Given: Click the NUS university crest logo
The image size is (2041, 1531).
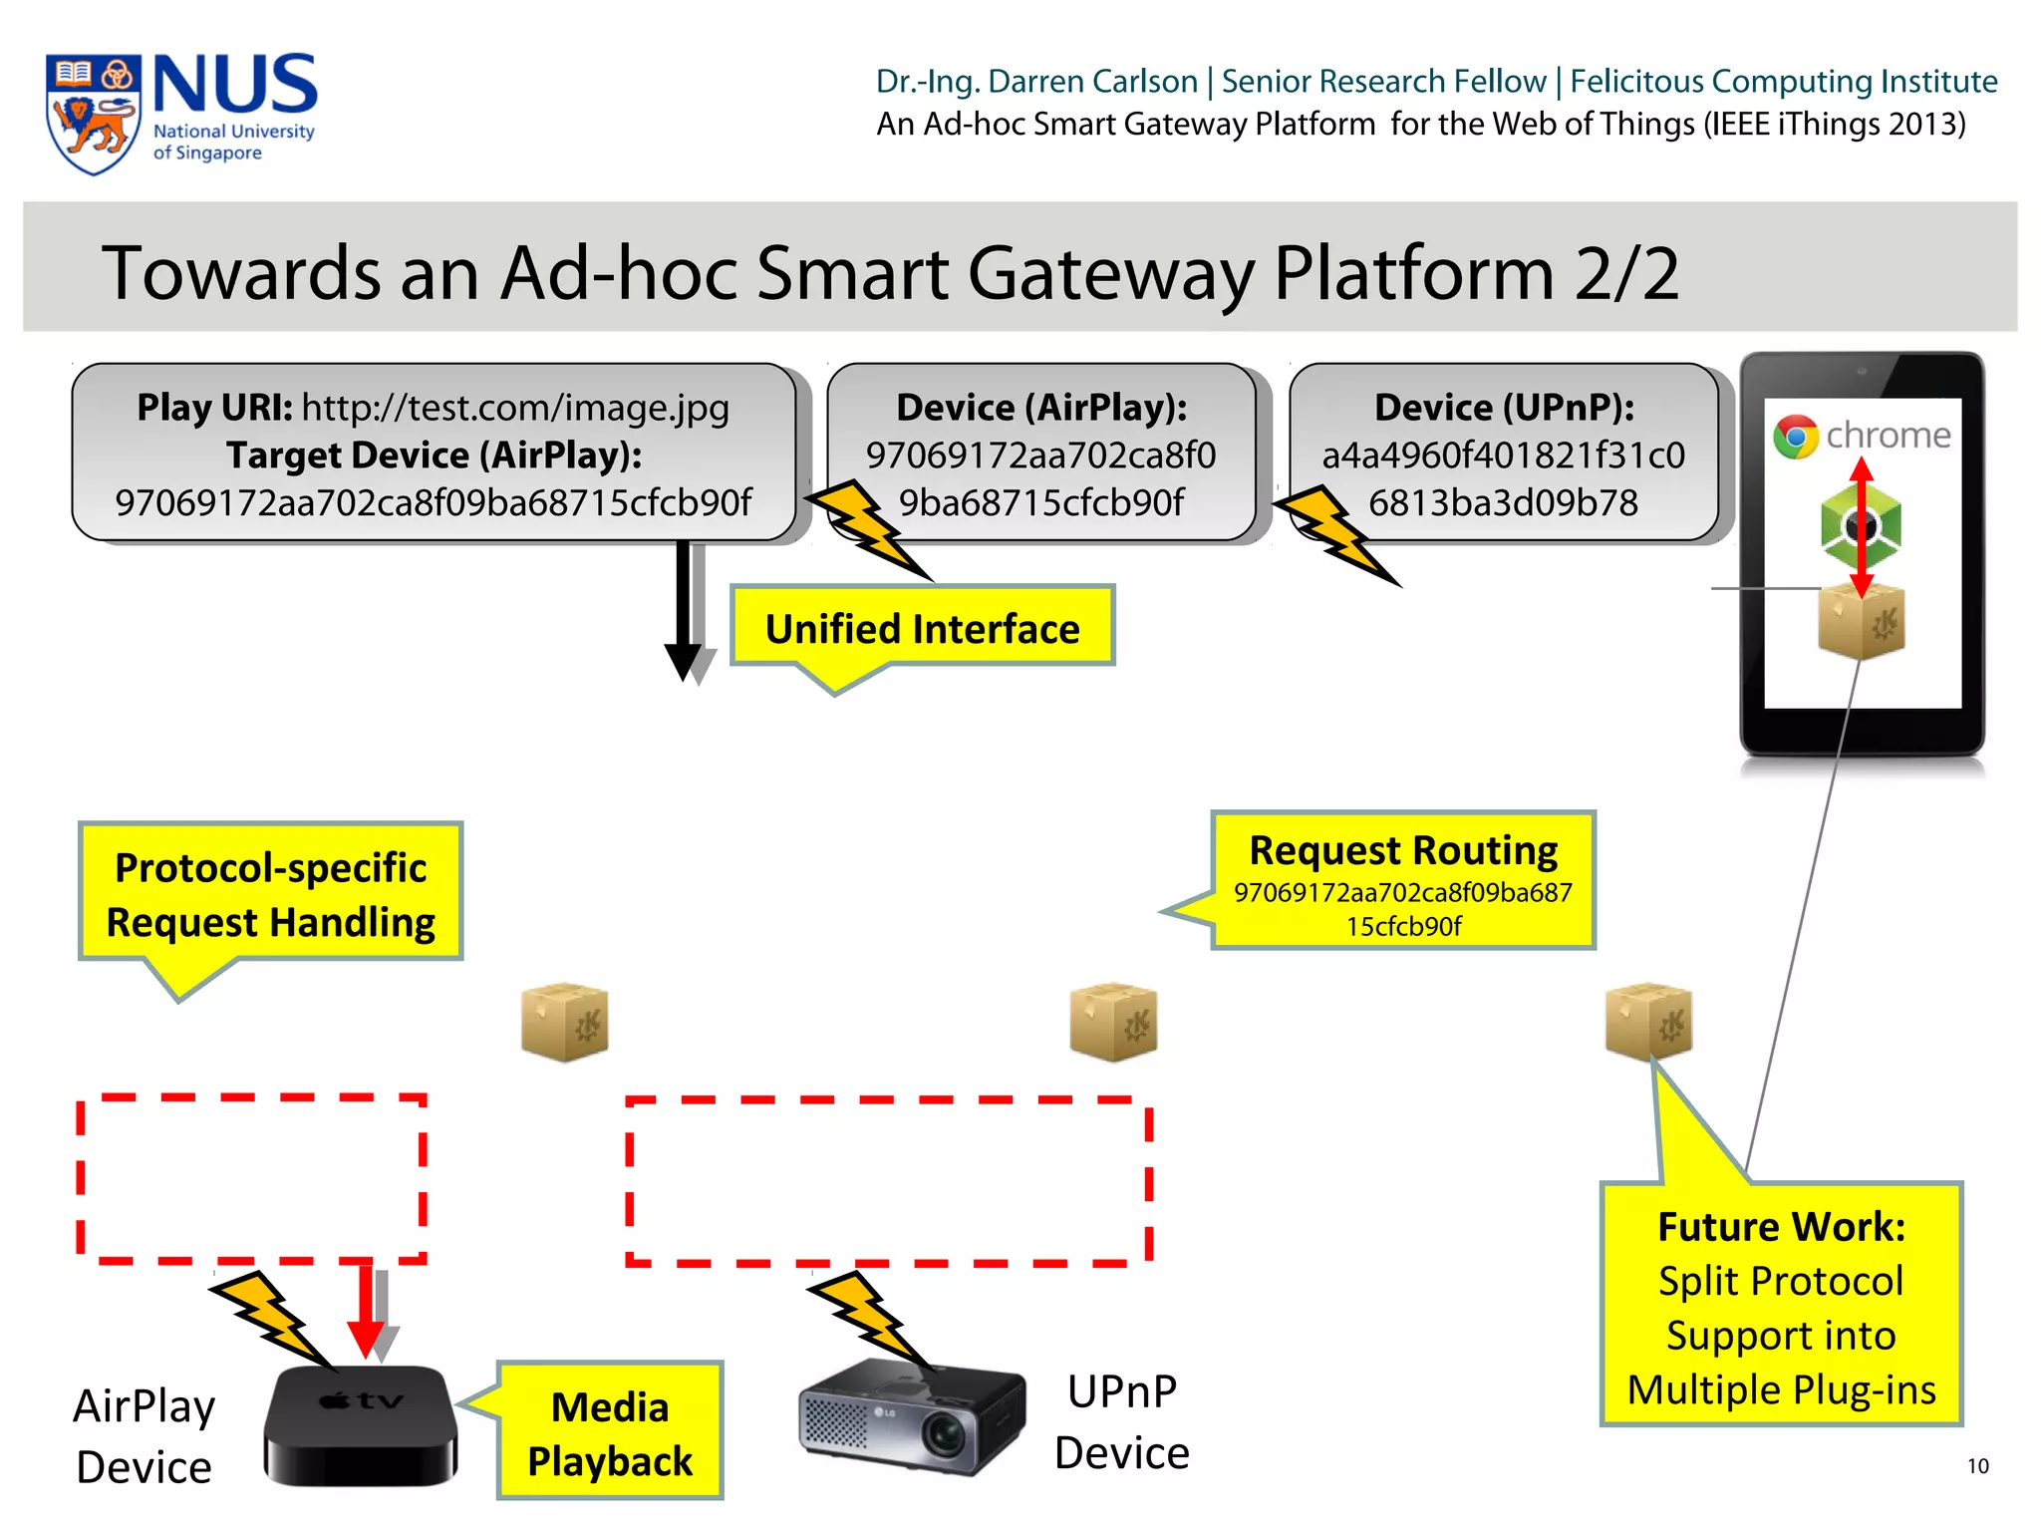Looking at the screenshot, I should pyautogui.click(x=93, y=114).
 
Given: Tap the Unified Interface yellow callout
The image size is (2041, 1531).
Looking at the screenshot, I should pyautogui.click(x=922, y=628).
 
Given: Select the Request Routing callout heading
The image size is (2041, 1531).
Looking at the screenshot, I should pyautogui.click(x=1403, y=850).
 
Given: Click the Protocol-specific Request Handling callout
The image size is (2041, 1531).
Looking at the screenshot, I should pyautogui.click(x=270, y=894).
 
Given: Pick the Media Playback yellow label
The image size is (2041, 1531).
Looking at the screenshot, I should pyautogui.click(x=610, y=1433).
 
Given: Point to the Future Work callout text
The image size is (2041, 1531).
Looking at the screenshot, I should pyautogui.click(x=1781, y=1307).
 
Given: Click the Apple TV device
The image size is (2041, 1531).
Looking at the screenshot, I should pyautogui.click(x=360, y=1425).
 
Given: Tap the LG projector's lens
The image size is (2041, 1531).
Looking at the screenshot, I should pyautogui.click(x=943, y=1435).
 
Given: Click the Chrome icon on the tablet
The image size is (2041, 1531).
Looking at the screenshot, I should pyautogui.click(x=1796, y=437).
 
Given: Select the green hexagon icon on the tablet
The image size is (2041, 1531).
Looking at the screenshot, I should pyautogui.click(x=1861, y=526).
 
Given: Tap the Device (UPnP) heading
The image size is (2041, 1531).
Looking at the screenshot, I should pyautogui.click(x=1504, y=408).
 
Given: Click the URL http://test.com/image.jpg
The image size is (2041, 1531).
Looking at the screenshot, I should pyautogui.click(x=515, y=408).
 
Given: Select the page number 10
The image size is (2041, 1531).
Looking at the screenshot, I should pyautogui.click(x=1977, y=1466).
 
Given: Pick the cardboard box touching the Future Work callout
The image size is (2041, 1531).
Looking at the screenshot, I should pyautogui.click(x=1648, y=1022).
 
